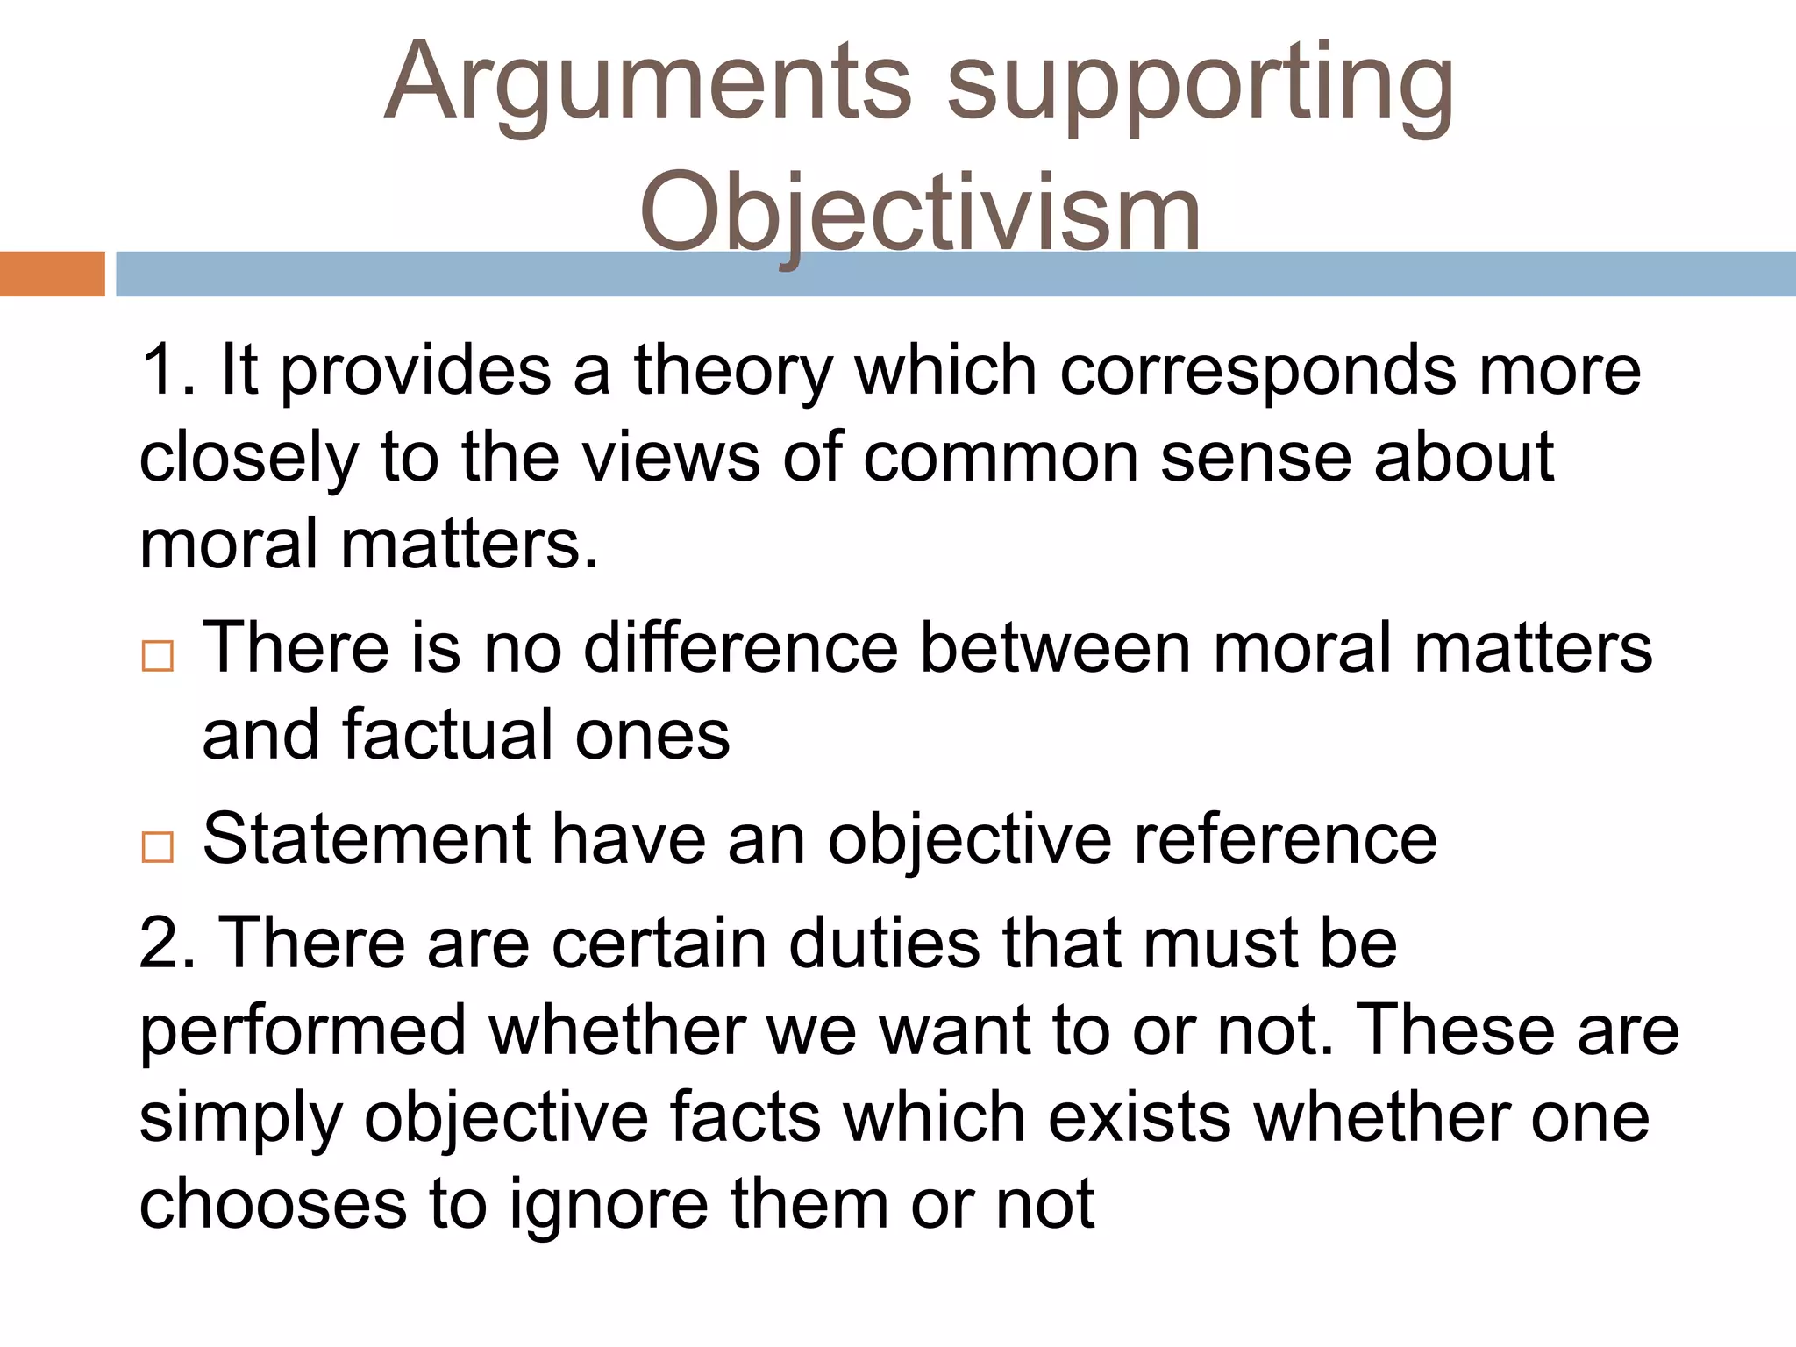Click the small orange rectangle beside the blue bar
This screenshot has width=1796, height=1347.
[x=52, y=274]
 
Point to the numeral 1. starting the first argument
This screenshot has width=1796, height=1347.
[x=167, y=371]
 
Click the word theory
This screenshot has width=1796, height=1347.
[x=732, y=373]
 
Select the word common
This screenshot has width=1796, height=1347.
[x=1000, y=458]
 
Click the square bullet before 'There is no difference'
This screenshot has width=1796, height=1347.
[x=158, y=655]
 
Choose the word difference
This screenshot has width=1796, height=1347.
[x=741, y=649]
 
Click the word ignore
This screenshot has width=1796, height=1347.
[x=609, y=1206]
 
